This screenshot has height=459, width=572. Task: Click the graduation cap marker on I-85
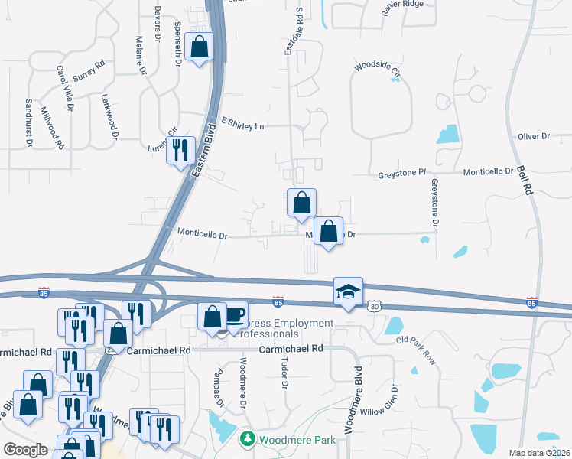(348, 292)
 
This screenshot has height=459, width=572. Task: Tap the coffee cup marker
(235, 315)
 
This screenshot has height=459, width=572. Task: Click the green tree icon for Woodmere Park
(248, 439)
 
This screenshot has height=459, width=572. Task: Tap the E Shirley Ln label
(242, 124)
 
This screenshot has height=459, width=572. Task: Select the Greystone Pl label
(401, 174)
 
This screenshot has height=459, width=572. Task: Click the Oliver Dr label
(534, 136)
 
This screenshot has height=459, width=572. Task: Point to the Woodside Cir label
(378, 69)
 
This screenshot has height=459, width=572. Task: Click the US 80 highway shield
(373, 307)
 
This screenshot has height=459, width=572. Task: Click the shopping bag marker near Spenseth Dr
(199, 47)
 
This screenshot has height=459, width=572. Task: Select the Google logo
(24, 450)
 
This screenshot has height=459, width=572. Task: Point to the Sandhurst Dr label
(28, 122)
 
